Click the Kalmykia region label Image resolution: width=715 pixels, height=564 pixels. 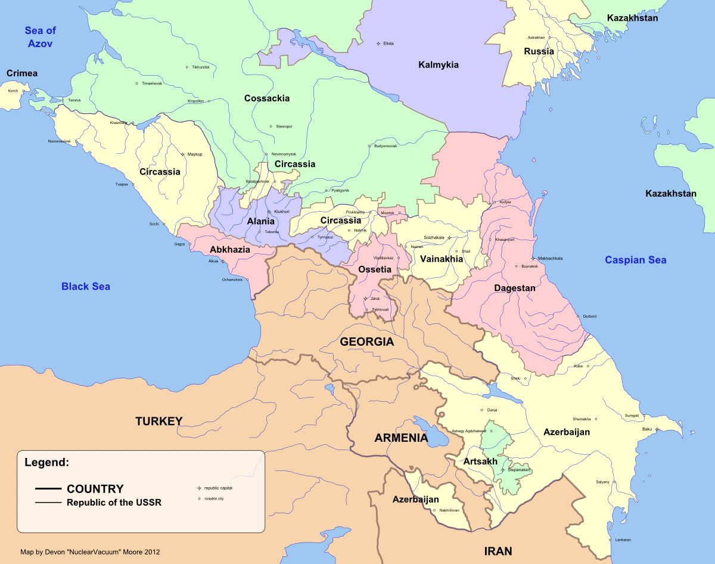pos(439,64)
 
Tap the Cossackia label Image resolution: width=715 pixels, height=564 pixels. pos(267,98)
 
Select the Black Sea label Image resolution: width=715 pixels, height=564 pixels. pos(86,287)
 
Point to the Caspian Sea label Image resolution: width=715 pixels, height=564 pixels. pos(636,260)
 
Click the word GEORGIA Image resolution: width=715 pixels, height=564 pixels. pos(366,342)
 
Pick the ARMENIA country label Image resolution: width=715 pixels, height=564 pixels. pos(401,438)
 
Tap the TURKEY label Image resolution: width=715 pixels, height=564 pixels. pos(158,422)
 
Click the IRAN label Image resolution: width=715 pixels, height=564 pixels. pos(498,551)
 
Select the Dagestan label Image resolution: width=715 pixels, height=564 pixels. pos(515,288)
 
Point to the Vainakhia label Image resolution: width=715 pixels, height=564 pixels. pos(442,259)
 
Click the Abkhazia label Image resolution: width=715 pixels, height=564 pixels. pos(230,250)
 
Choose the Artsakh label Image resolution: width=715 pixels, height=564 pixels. pos(480,461)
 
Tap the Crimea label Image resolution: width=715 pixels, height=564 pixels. pos(22,73)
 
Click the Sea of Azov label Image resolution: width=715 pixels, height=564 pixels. pos(40,38)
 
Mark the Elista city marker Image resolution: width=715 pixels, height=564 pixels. pos(378,44)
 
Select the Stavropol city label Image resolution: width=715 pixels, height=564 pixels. pos(284,126)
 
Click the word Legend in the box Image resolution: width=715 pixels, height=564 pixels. pos(47,462)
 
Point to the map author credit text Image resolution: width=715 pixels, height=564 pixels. pos(90,552)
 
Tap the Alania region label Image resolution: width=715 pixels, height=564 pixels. pos(261,221)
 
